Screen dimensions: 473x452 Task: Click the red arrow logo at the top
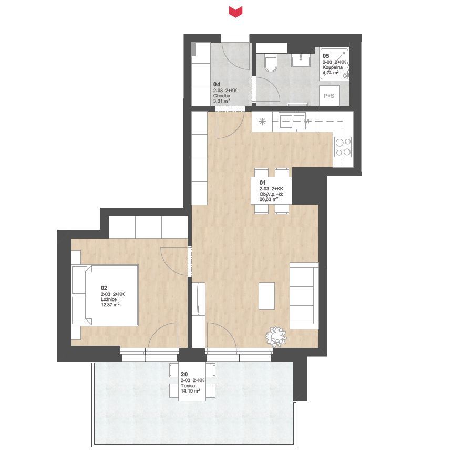[235, 12]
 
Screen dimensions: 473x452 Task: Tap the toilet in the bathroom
[271, 63]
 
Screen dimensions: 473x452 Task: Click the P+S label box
[329, 96]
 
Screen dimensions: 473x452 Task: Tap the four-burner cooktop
[343, 147]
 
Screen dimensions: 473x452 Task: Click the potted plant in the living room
[276, 336]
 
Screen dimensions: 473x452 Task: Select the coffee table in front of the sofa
[266, 296]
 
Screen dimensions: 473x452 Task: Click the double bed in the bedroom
[106, 295]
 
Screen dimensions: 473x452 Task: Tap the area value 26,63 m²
[269, 199]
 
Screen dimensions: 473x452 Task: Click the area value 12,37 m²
[110, 305]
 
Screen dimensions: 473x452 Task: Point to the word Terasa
[188, 386]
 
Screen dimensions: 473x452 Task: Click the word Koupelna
[333, 67]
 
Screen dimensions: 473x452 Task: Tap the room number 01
[262, 183]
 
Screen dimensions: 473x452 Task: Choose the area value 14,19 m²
[190, 391]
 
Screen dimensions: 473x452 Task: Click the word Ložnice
[109, 299]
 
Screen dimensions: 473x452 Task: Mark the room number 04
[217, 84]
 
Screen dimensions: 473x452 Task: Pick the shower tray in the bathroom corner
[335, 64]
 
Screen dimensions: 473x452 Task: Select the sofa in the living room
[304, 296]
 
